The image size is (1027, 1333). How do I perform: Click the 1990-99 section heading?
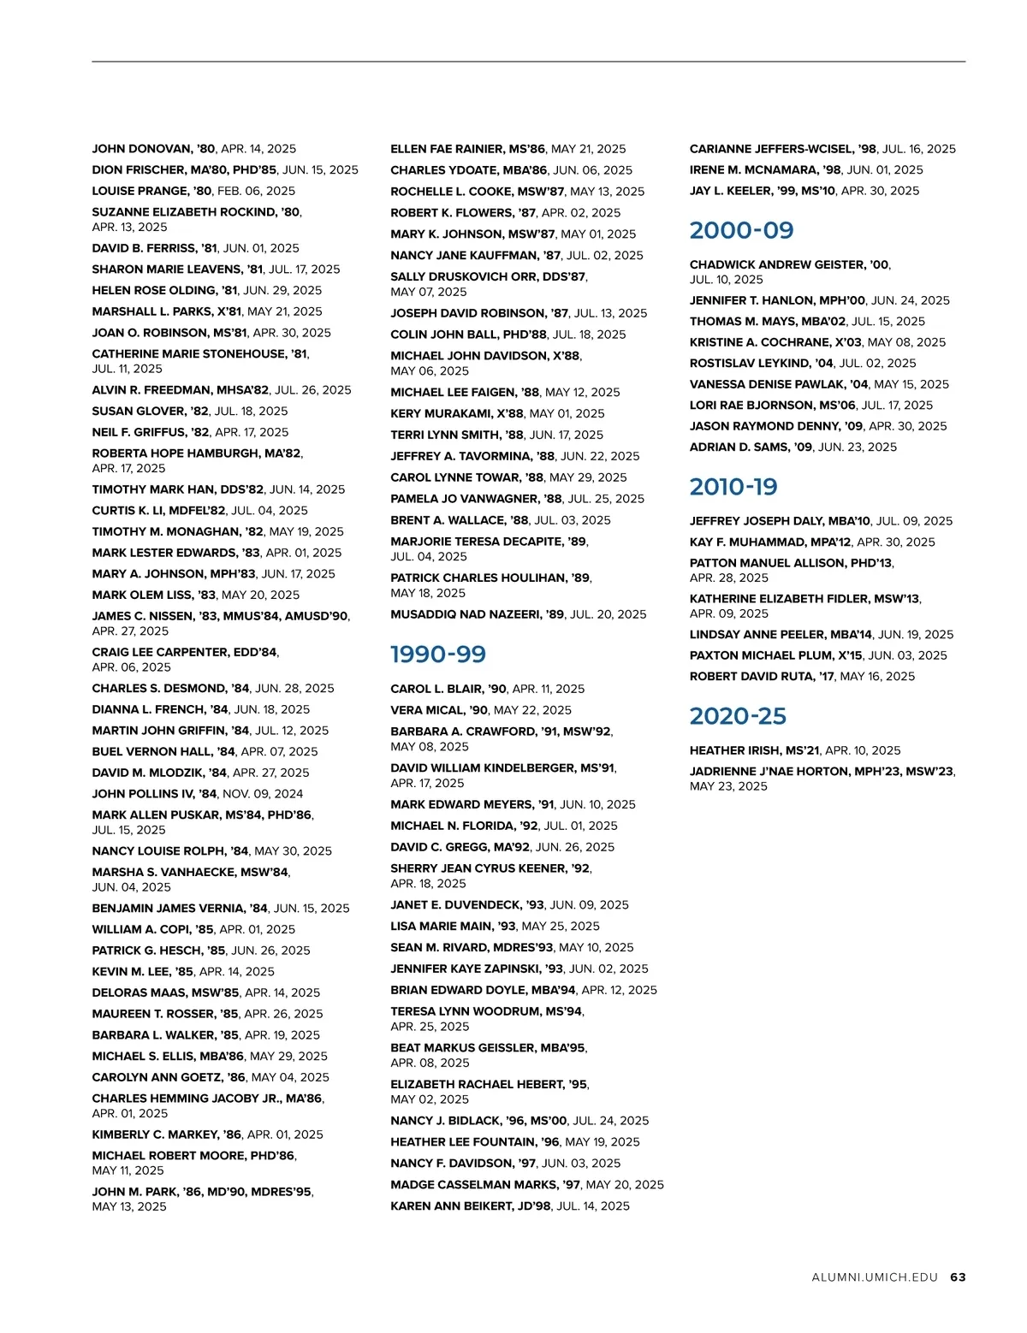tap(438, 655)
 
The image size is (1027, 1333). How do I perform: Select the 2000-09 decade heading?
tap(741, 230)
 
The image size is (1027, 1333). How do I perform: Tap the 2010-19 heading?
tap(733, 487)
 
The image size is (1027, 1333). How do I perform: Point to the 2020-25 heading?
tap(738, 716)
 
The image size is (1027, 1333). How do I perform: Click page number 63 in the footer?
tap(958, 1277)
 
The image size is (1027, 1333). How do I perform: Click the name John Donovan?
tap(141, 149)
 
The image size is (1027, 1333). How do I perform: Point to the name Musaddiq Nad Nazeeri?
tap(466, 614)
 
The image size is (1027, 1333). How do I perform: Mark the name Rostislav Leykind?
tap(748, 363)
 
